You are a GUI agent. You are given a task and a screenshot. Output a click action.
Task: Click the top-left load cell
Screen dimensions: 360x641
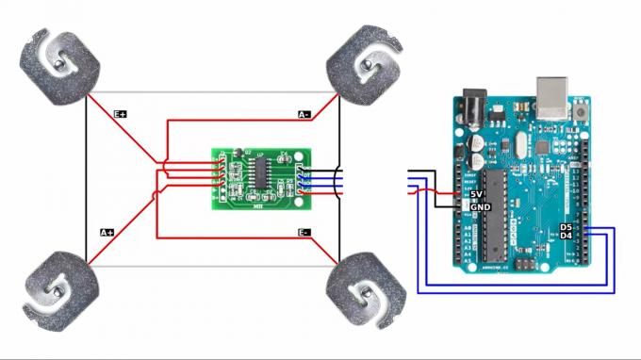coord(59,65)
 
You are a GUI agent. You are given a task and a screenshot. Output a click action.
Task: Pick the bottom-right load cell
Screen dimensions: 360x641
coord(367,291)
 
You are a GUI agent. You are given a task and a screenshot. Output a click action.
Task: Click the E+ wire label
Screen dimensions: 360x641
coord(121,114)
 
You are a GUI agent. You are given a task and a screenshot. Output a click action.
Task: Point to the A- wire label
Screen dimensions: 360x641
coord(304,114)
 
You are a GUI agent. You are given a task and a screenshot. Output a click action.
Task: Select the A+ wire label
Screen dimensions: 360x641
coord(107,231)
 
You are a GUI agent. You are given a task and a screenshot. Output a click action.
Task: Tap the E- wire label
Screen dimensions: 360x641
coord(304,232)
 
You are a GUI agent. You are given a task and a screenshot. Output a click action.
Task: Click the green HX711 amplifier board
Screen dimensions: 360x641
coord(260,176)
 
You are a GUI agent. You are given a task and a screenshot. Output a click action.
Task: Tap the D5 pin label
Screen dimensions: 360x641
coord(566,227)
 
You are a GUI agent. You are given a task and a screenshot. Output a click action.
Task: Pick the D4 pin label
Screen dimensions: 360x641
coord(566,236)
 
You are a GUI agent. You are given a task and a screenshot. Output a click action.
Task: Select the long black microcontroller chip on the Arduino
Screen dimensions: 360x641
coord(490,214)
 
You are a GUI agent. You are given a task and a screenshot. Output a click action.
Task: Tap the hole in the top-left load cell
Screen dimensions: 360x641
coord(59,63)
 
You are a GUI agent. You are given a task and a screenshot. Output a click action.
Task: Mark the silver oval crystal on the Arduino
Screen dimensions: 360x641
coord(515,146)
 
